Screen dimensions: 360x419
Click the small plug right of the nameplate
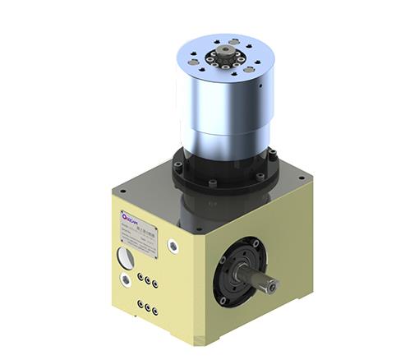click(x=173, y=244)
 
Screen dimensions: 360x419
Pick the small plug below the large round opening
click(x=126, y=281)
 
